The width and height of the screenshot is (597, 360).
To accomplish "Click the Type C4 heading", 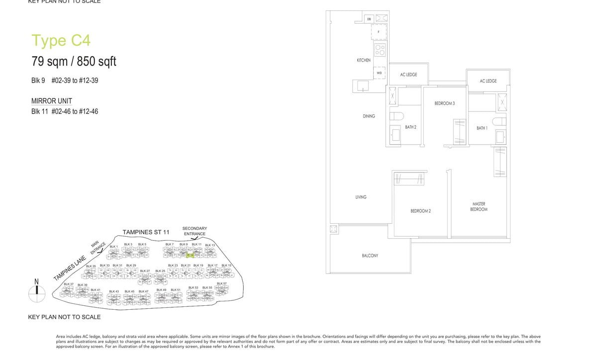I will point(61,40).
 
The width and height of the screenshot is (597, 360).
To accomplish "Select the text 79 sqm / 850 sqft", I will point(74,62).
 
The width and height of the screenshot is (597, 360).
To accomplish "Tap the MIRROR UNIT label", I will point(52,101).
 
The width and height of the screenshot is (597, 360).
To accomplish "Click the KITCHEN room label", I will point(364,60).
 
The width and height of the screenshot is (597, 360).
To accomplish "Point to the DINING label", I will point(369,116).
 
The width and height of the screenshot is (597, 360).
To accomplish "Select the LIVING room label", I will point(361,197).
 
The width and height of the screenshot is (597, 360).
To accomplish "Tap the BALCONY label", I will point(370,256).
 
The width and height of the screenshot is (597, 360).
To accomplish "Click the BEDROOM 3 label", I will point(444,103).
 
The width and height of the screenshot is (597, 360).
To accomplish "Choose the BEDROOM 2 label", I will point(420,211).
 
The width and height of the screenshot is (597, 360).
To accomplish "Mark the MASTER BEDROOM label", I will point(479,207).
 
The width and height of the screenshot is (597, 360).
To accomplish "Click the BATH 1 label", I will point(482,128).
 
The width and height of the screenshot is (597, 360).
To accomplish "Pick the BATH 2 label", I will point(410,127).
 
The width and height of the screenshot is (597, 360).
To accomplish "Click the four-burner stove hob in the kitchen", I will point(380,49).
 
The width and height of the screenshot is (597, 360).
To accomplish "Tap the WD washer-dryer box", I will point(379,73).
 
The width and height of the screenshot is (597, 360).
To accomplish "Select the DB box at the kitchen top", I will point(369,19).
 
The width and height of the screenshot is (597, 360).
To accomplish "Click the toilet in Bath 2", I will point(397,116).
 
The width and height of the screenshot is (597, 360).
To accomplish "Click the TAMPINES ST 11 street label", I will point(146,232).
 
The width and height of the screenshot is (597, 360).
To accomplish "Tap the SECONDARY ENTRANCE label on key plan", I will point(195,231).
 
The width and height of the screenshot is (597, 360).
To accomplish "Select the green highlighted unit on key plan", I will point(190,256).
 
